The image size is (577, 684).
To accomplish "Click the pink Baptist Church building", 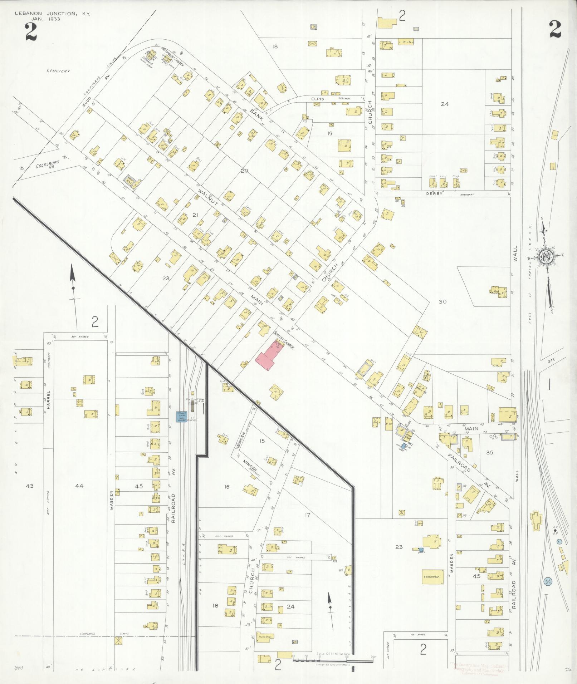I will (267, 356).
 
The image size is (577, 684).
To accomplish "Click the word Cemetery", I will (58, 71).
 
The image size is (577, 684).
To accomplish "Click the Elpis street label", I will (317, 98).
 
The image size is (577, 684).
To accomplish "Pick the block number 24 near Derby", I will (445, 104).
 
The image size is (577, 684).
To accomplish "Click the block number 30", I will (442, 301).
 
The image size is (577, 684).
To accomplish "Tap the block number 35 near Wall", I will (489, 452).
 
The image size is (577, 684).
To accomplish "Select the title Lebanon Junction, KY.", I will (52, 14).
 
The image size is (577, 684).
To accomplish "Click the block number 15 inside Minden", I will (262, 441).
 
